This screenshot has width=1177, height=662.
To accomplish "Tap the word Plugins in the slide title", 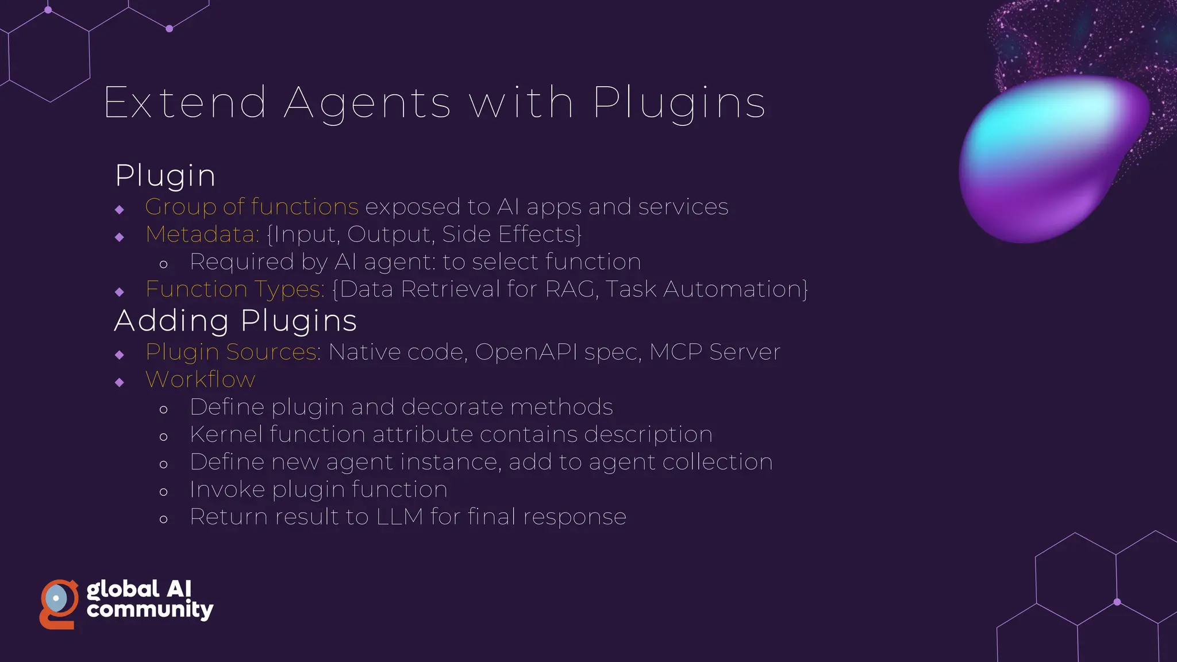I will pos(679,103).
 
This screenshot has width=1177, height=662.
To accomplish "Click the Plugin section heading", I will pos(165,175).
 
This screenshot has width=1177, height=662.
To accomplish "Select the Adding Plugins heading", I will pos(235,321).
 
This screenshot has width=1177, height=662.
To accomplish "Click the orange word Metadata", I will pos(202,234).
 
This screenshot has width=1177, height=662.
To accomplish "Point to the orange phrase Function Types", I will pos(234,289).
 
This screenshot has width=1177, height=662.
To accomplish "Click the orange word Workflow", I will pos(200,379).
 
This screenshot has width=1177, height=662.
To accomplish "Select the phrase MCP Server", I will pos(714,352).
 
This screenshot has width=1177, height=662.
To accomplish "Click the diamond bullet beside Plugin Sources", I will pos(120,355).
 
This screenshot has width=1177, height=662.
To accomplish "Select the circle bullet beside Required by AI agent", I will pos(164,265).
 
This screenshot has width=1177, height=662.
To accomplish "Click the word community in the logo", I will pos(149,610).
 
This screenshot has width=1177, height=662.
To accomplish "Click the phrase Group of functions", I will pos(252,207).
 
